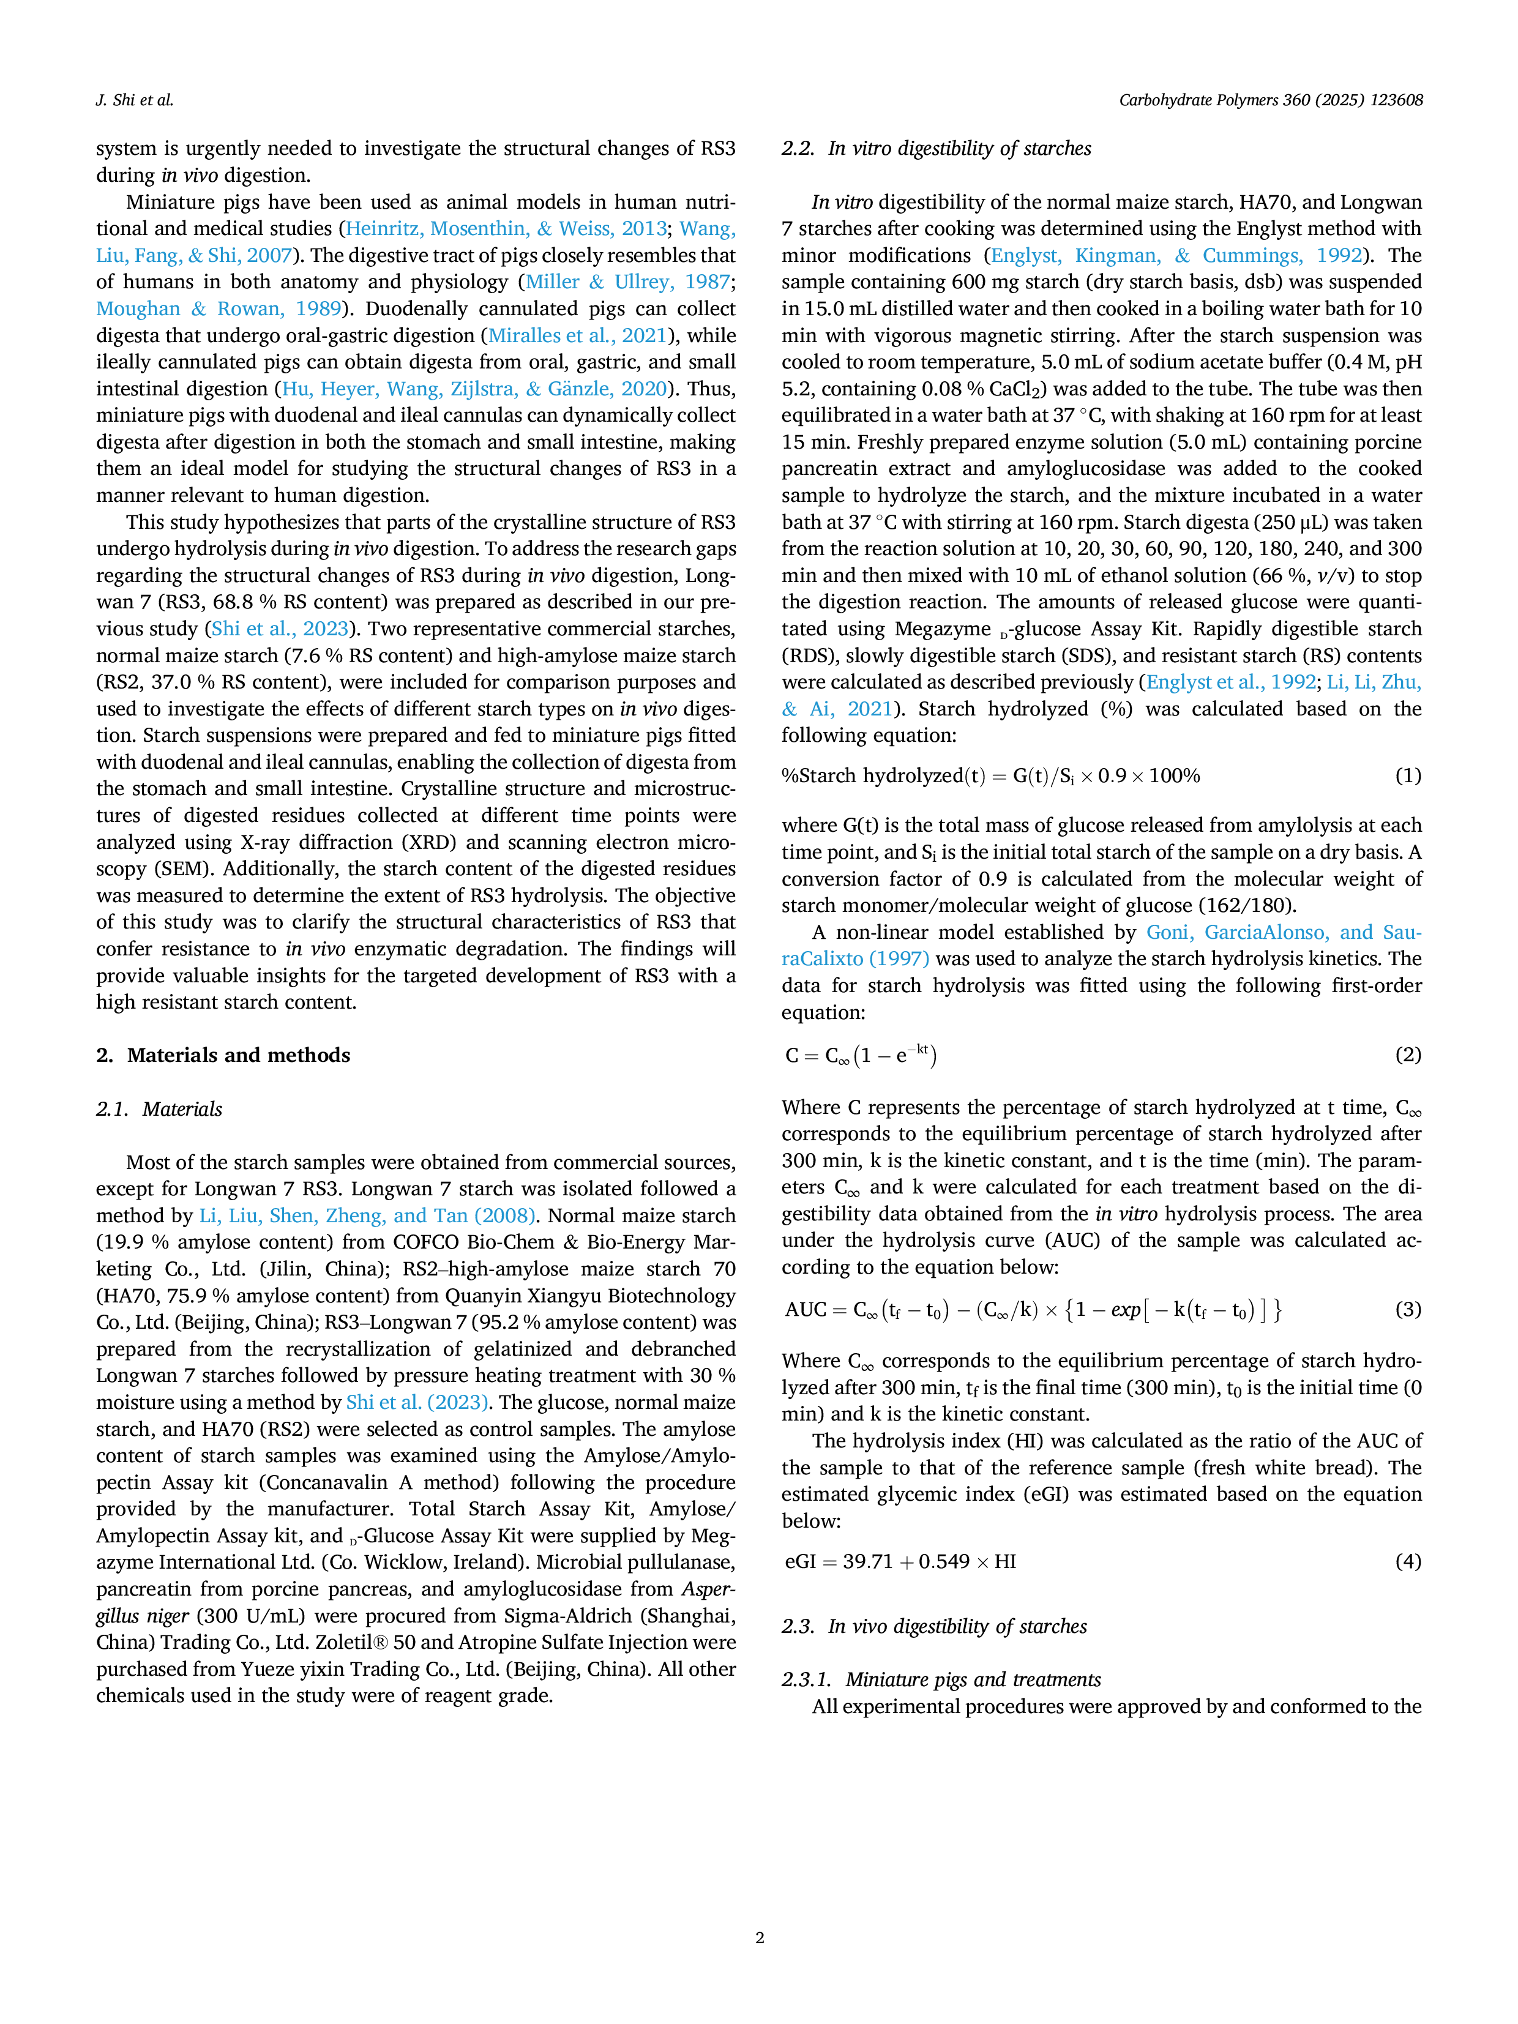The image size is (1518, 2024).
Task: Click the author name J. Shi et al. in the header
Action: (135, 100)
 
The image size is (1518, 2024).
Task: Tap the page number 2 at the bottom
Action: (760, 1937)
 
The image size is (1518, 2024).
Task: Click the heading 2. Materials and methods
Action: (223, 1055)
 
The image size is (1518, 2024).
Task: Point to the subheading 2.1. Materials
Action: (159, 1109)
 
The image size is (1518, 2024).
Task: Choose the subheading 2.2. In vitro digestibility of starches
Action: (936, 148)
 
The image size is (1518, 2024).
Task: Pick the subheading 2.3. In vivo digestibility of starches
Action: (934, 1626)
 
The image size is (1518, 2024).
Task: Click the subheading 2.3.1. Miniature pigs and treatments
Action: (941, 1679)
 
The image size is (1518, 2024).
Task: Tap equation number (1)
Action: (1408, 776)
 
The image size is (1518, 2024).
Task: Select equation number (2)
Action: (1408, 1055)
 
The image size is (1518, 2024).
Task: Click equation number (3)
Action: (1408, 1309)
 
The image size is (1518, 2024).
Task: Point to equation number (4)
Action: (1408, 1561)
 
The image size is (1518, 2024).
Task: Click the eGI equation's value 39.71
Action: (867, 1561)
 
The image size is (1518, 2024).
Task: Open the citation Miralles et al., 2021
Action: (577, 336)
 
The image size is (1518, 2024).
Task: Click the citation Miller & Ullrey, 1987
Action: (627, 282)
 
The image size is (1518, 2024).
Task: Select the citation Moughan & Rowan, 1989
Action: (219, 308)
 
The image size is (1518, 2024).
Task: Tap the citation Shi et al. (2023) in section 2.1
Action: (417, 1403)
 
